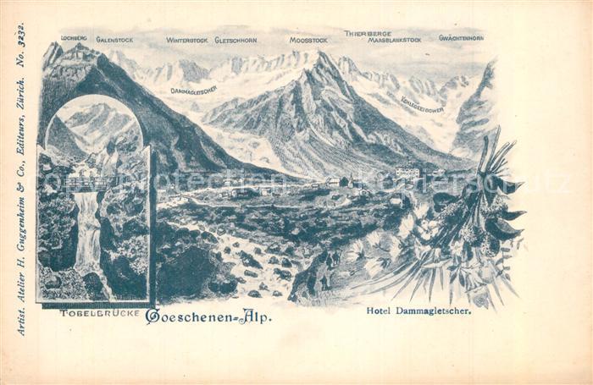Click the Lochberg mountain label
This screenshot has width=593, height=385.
pyautogui.click(x=75, y=39)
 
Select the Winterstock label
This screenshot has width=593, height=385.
pyautogui.click(x=186, y=40)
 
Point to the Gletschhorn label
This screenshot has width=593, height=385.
pyautogui.click(x=236, y=40)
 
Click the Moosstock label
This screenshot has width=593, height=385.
pyautogui.click(x=308, y=40)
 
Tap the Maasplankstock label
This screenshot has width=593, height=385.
pyautogui.click(x=394, y=40)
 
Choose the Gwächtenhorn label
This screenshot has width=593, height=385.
pyautogui.click(x=461, y=38)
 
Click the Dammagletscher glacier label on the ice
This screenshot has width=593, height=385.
pyautogui.click(x=193, y=90)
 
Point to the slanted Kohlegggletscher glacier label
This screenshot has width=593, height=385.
pyautogui.click(x=421, y=104)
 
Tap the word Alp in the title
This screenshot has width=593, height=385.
pyautogui.click(x=255, y=316)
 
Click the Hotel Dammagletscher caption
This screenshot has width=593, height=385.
pyautogui.click(x=418, y=311)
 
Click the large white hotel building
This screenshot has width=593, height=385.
pyautogui.click(x=407, y=173)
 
